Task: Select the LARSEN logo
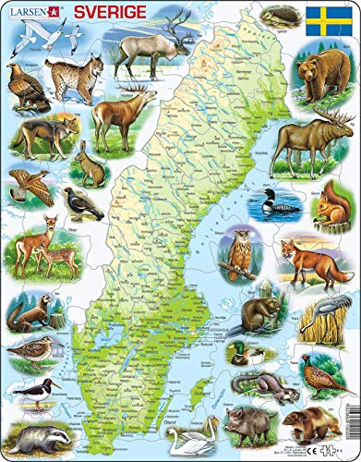[29, 12]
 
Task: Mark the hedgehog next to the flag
[274, 16]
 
